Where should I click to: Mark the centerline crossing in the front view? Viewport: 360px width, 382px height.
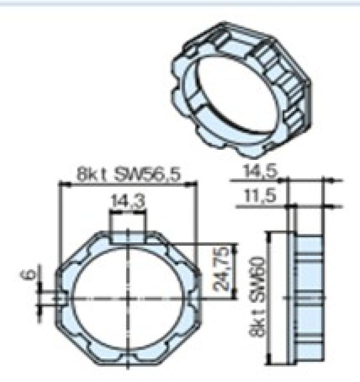128,297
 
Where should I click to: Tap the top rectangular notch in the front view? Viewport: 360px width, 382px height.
128,236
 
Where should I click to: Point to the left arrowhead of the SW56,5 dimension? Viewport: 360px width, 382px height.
63,184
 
